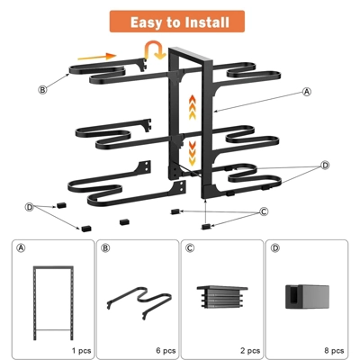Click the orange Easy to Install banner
[179, 22]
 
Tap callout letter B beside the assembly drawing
[42, 89]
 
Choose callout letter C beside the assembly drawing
[265, 212]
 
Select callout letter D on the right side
[325, 166]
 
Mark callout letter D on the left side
[30, 207]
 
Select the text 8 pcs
[333, 348]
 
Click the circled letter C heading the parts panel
[190, 247]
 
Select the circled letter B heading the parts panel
[105, 247]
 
